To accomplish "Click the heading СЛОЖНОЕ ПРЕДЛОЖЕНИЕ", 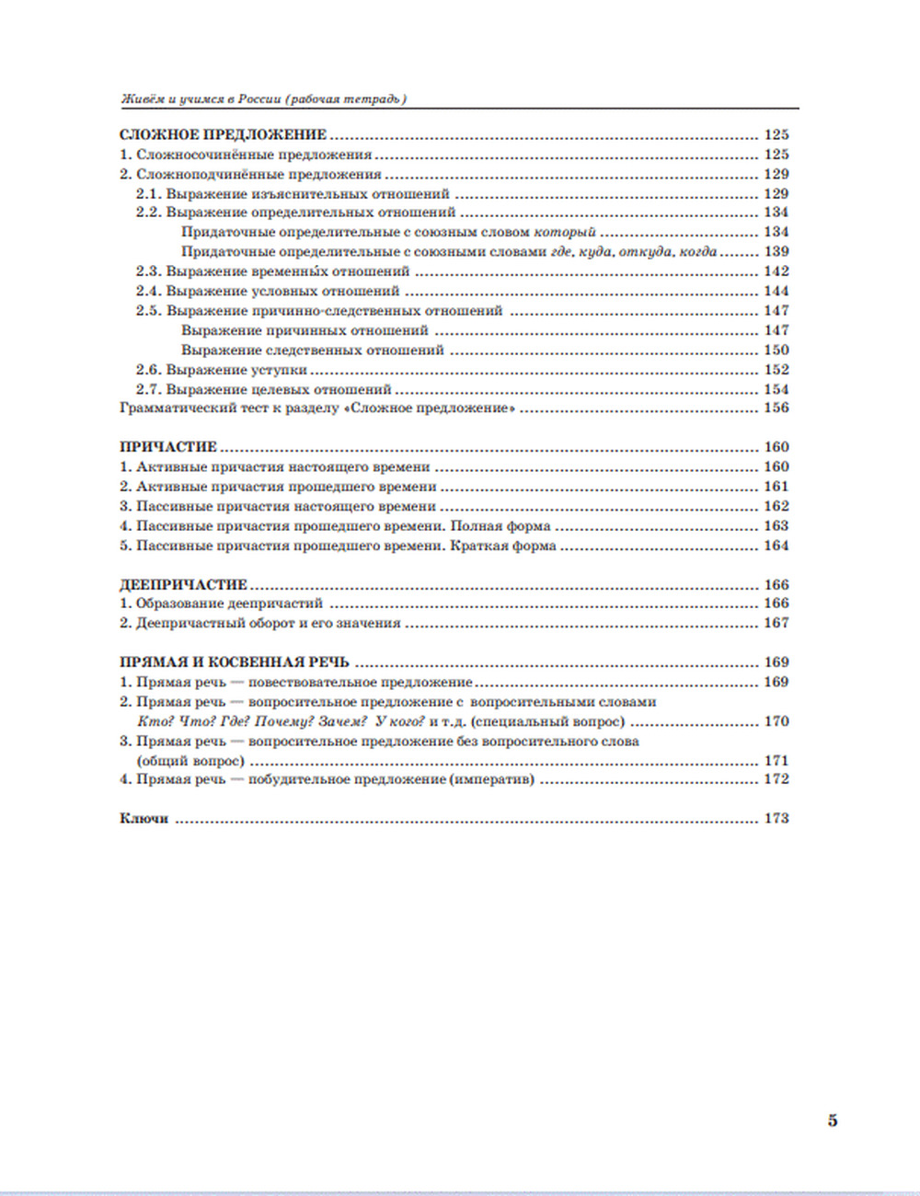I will pos(224,135).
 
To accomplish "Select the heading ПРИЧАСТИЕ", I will pos(168,448).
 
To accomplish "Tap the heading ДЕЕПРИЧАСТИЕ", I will pos(184,585).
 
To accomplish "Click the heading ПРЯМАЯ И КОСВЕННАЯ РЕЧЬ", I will pos(235,662).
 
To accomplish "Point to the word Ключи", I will pos(144,819).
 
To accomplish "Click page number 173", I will pos(776,819).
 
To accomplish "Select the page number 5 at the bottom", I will pos(833,1121).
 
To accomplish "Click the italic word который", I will pos(565,233).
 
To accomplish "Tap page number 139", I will pos(776,252).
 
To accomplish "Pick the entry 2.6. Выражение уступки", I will pos(222,370).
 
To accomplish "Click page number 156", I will pos(776,408).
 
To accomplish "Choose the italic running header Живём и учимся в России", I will pos(263,99).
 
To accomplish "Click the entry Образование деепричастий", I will pos(229,604).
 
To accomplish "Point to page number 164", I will pos(776,546).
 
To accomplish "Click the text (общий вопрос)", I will pos(190,762).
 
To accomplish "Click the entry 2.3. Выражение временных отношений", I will pos(273,272).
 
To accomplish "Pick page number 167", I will pos(776,624).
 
